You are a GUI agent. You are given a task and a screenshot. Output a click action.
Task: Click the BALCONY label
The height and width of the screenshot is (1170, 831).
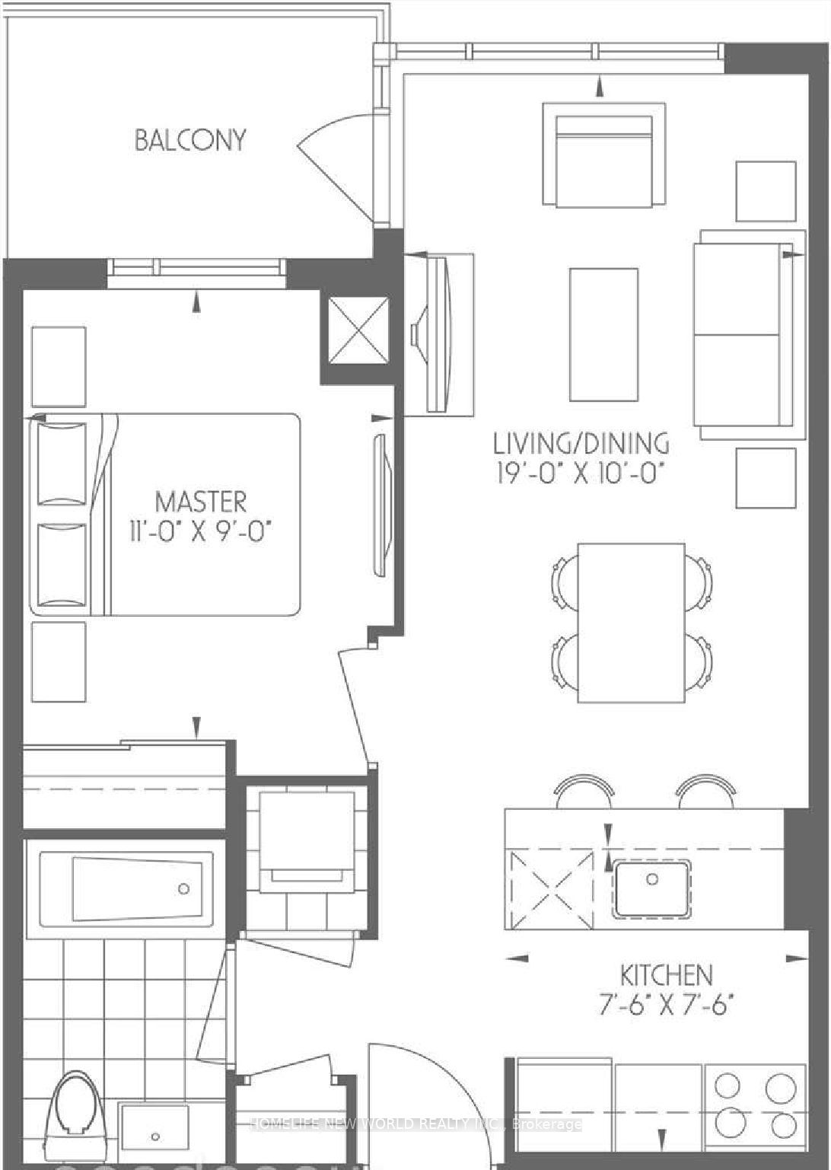(x=190, y=140)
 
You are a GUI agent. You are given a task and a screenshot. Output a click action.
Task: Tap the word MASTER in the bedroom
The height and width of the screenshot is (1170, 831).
(x=201, y=502)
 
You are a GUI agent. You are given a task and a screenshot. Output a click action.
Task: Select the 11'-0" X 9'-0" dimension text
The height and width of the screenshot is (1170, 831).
(x=201, y=534)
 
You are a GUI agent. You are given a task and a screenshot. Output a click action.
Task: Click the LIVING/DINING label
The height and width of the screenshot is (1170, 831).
(x=581, y=443)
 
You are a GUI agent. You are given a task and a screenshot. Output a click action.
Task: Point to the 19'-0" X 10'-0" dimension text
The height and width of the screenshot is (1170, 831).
(x=581, y=474)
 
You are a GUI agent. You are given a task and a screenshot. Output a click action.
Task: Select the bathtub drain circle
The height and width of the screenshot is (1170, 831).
(x=184, y=888)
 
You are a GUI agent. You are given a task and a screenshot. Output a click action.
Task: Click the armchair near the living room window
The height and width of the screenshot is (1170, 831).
(x=603, y=155)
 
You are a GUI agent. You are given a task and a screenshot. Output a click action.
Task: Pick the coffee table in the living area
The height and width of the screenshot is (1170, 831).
(x=603, y=335)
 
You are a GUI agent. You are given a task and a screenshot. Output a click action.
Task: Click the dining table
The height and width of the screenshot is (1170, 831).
(x=631, y=623)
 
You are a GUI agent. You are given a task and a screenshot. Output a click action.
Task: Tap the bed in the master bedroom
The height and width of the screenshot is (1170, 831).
(x=165, y=515)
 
